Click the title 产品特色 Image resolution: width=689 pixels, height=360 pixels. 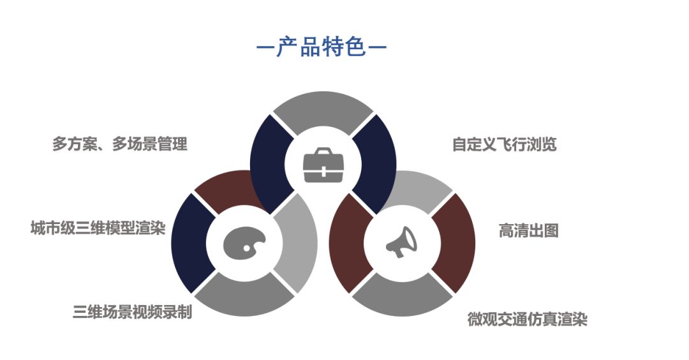click(322, 47)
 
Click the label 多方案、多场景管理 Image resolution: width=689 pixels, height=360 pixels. click(120, 144)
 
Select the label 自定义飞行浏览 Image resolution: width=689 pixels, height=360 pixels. click(504, 144)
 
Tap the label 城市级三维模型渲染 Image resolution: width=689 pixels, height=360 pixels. click(98, 228)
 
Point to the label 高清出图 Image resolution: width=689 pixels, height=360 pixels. click(528, 230)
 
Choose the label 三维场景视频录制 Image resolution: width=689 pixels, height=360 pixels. click(132, 313)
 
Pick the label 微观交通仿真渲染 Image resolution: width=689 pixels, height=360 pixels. click(527, 319)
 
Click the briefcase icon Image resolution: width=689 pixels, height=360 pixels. click(323, 165)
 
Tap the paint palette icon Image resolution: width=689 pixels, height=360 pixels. click(244, 243)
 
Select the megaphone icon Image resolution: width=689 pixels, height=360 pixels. click(401, 243)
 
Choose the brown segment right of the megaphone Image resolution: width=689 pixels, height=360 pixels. click(454, 243)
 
